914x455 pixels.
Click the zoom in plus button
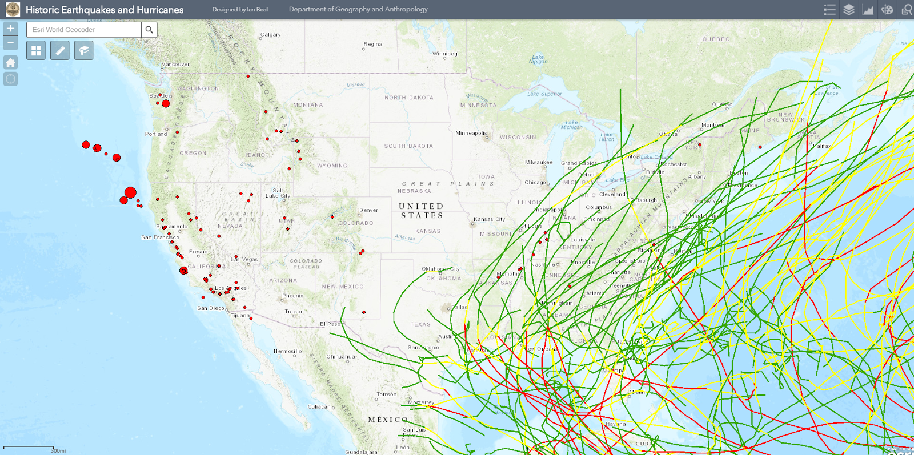tap(10, 29)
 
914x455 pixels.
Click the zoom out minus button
tap(10, 43)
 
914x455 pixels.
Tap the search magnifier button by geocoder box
tap(149, 30)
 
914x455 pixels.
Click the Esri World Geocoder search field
tap(84, 30)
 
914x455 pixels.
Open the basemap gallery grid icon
tap(36, 51)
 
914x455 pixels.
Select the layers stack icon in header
tap(849, 10)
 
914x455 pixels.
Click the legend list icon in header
tap(829, 10)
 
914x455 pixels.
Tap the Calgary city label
tap(270, 35)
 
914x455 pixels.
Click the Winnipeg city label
tap(445, 54)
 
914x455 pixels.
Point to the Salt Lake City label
tap(278, 193)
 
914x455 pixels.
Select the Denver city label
tap(368, 210)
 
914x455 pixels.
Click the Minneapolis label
tap(471, 133)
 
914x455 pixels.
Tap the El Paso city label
tap(330, 324)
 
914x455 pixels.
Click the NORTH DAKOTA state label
tap(408, 98)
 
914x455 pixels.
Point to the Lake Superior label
tap(544, 94)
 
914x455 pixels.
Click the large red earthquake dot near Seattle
tap(166, 103)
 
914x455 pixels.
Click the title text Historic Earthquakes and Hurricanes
tap(105, 10)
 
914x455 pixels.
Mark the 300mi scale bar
tap(29, 448)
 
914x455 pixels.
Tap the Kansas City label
tap(489, 219)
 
